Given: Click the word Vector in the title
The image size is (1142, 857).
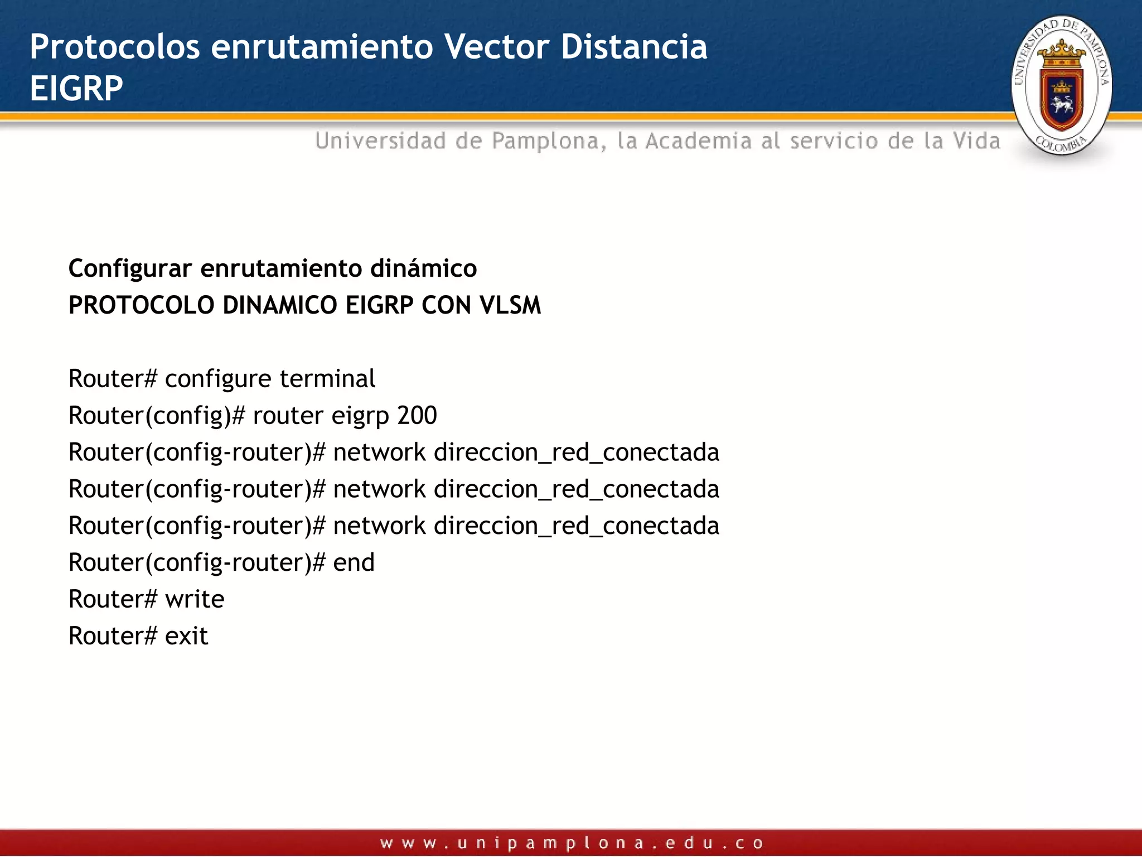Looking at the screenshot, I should [497, 46].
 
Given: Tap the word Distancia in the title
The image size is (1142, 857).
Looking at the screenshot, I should [634, 46].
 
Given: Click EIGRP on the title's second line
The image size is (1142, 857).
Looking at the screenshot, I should [76, 88].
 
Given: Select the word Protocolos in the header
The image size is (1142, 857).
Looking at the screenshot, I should [115, 46].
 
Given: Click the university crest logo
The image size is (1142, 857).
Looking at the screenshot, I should [1061, 85].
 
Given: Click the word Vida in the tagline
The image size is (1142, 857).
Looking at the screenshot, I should [976, 141].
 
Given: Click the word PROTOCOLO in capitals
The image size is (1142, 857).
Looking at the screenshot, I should [141, 305].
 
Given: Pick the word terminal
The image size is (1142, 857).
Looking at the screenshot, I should [327, 379].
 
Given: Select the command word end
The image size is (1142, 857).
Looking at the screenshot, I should [354, 562].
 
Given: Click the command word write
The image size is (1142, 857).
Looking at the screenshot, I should [195, 599].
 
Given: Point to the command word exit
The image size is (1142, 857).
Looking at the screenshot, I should [186, 636].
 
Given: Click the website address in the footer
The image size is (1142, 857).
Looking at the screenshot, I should [571, 842].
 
